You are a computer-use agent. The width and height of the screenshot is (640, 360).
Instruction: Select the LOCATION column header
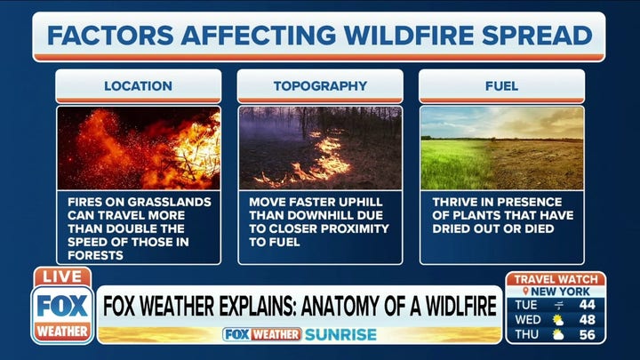coord(139,85)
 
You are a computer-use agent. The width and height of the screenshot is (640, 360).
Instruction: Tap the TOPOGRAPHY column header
coord(320,85)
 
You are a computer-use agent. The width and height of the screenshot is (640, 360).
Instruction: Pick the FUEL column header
coord(501,85)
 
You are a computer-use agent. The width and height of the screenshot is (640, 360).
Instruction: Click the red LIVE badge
coord(62,276)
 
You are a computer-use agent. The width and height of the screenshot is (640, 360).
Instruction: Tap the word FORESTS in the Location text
coord(95,255)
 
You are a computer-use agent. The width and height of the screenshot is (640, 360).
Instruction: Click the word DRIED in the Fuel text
coord(449,228)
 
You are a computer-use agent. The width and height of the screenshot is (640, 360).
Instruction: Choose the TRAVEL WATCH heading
coord(556,280)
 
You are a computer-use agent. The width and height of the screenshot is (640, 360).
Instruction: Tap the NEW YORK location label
coord(560,292)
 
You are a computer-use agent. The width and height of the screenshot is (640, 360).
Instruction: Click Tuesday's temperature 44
coord(587,305)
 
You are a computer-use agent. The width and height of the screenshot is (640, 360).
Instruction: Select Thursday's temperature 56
coord(587,335)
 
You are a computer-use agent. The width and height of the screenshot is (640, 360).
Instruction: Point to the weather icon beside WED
coord(558,320)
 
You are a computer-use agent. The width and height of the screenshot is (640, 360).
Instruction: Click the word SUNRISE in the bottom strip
coord(340,335)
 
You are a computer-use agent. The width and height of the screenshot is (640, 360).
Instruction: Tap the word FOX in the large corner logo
coord(62,306)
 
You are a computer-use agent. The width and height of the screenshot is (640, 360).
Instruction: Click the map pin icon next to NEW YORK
coord(525,292)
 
